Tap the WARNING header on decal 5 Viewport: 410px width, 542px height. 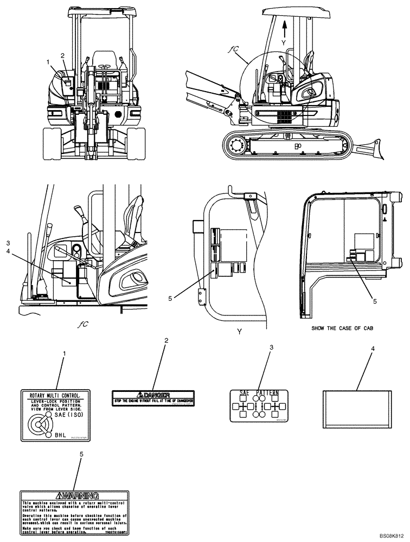click(x=74, y=495)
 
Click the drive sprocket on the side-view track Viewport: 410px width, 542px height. click(x=236, y=145)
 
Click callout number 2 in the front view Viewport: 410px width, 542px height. click(x=62, y=56)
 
